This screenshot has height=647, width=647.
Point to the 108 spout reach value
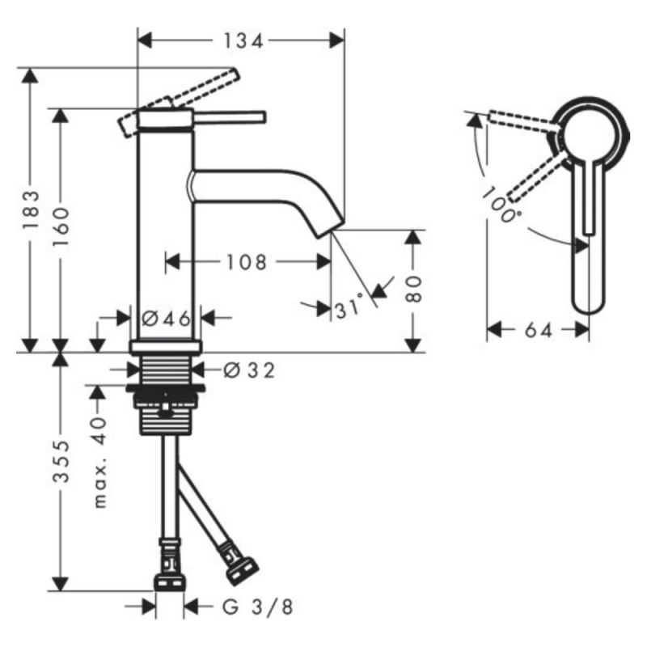pyautogui.click(x=247, y=261)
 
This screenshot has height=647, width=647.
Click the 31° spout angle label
pyautogui.click(x=349, y=308)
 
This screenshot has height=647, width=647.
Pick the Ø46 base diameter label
pyautogui.click(x=166, y=319)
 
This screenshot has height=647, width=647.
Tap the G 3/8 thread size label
pyautogui.click(x=246, y=606)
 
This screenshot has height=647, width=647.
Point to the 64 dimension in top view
pyautogui.click(x=539, y=330)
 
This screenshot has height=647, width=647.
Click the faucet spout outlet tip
pyautogui.click(x=328, y=230)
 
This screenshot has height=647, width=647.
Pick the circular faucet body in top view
pyautogui.click(x=591, y=137)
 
